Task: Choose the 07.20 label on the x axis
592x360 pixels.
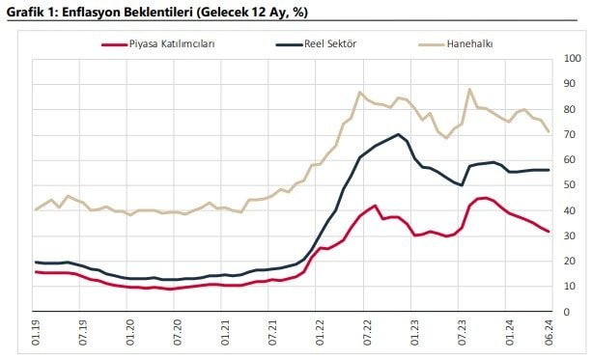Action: [178, 334]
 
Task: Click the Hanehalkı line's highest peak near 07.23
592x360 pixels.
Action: [470, 89]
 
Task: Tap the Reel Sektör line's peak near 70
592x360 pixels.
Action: [398, 134]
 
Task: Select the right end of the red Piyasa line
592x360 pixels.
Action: [550, 232]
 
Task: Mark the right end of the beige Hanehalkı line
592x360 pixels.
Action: [550, 132]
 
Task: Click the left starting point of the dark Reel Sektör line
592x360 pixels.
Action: [36, 263]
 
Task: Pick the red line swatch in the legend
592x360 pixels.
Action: [114, 43]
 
